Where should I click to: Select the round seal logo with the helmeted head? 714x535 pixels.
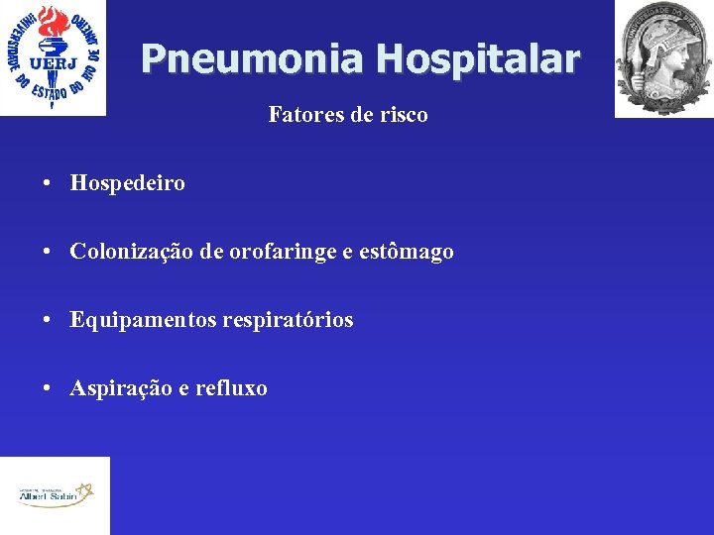click(x=663, y=57)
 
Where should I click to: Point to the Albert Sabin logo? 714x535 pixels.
click(x=55, y=494)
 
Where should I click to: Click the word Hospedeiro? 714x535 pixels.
click(x=127, y=183)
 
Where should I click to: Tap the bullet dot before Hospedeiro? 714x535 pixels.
click(x=48, y=184)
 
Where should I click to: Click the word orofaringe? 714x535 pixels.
click(x=283, y=252)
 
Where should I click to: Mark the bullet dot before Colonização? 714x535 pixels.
click(x=48, y=253)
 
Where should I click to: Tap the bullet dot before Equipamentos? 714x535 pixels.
click(x=48, y=321)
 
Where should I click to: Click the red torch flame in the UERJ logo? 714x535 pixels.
click(x=51, y=22)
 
